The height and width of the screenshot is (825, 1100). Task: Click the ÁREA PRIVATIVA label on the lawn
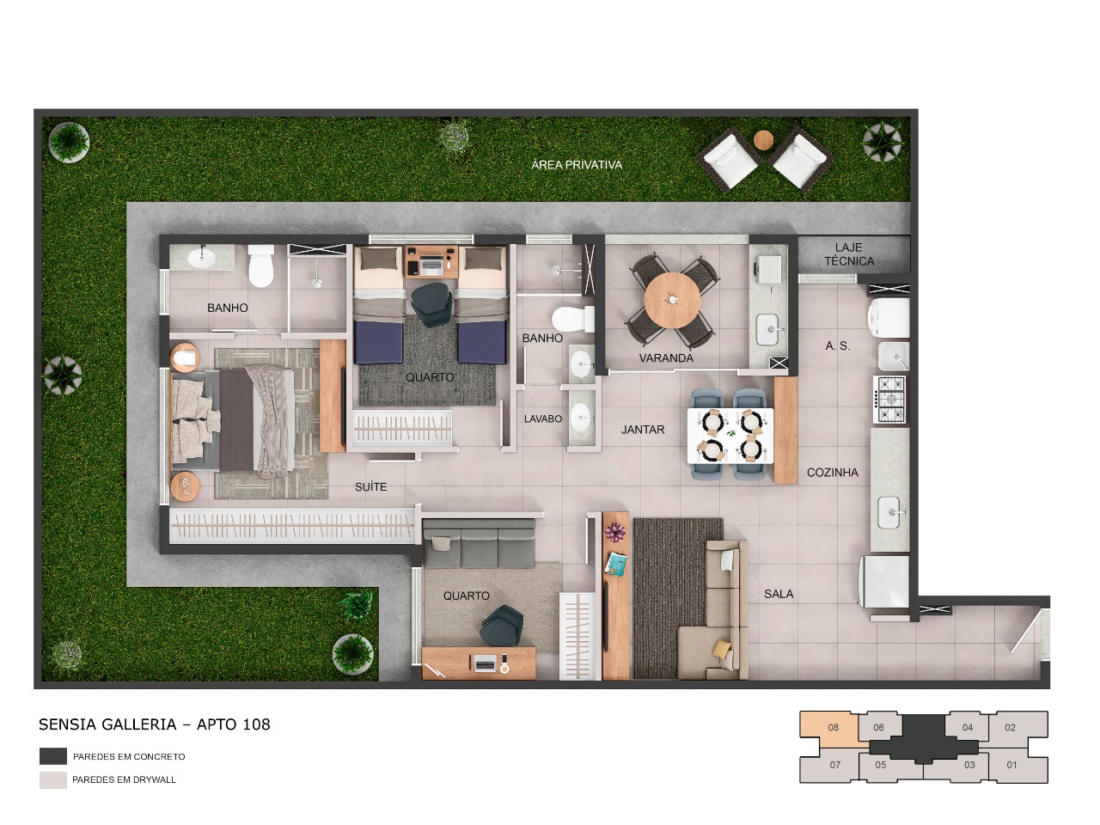click(x=576, y=164)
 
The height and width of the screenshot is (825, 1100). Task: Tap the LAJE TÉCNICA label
click(x=848, y=254)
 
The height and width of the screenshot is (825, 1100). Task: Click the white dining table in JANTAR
click(x=730, y=435)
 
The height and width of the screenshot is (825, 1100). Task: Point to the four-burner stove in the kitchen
click(x=890, y=399)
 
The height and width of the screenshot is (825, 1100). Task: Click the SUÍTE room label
click(x=370, y=486)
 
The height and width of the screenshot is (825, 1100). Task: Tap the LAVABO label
click(x=543, y=419)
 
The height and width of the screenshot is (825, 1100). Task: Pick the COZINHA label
click(x=832, y=473)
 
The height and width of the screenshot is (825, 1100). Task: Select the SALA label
click(x=779, y=594)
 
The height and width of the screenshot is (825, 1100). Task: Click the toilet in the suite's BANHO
click(x=260, y=266)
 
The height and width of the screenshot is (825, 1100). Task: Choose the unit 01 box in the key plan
click(x=1011, y=765)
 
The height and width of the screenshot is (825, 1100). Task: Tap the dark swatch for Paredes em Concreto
click(x=52, y=756)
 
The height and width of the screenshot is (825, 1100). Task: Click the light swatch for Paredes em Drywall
click(x=52, y=779)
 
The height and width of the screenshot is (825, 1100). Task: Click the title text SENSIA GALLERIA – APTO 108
click(x=155, y=724)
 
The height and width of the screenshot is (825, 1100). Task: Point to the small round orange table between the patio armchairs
click(x=763, y=139)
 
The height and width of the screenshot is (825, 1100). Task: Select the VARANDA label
click(x=666, y=357)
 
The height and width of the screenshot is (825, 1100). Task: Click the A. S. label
click(x=837, y=345)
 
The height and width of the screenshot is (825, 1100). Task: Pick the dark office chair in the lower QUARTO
click(x=501, y=625)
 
